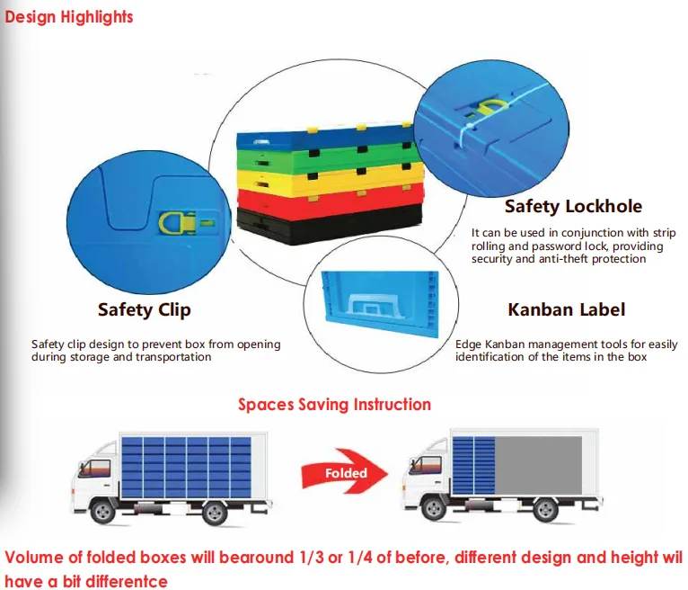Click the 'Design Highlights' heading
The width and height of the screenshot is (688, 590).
coord(69,17)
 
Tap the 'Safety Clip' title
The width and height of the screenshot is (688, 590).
coord(145,310)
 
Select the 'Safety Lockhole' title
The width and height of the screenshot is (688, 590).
coord(573,206)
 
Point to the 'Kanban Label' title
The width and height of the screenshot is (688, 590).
coord(567,309)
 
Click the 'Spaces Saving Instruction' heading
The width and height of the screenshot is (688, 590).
coord(334,405)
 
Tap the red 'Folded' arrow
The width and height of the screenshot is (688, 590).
coord(345,471)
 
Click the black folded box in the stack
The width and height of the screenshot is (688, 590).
coord(330,225)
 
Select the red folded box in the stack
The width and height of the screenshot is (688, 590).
coord(330,201)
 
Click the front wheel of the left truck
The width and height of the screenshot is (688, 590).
coord(102,511)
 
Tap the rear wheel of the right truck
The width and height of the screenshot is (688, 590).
coord(546,510)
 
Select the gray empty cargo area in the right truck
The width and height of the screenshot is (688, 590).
coord(538,466)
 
